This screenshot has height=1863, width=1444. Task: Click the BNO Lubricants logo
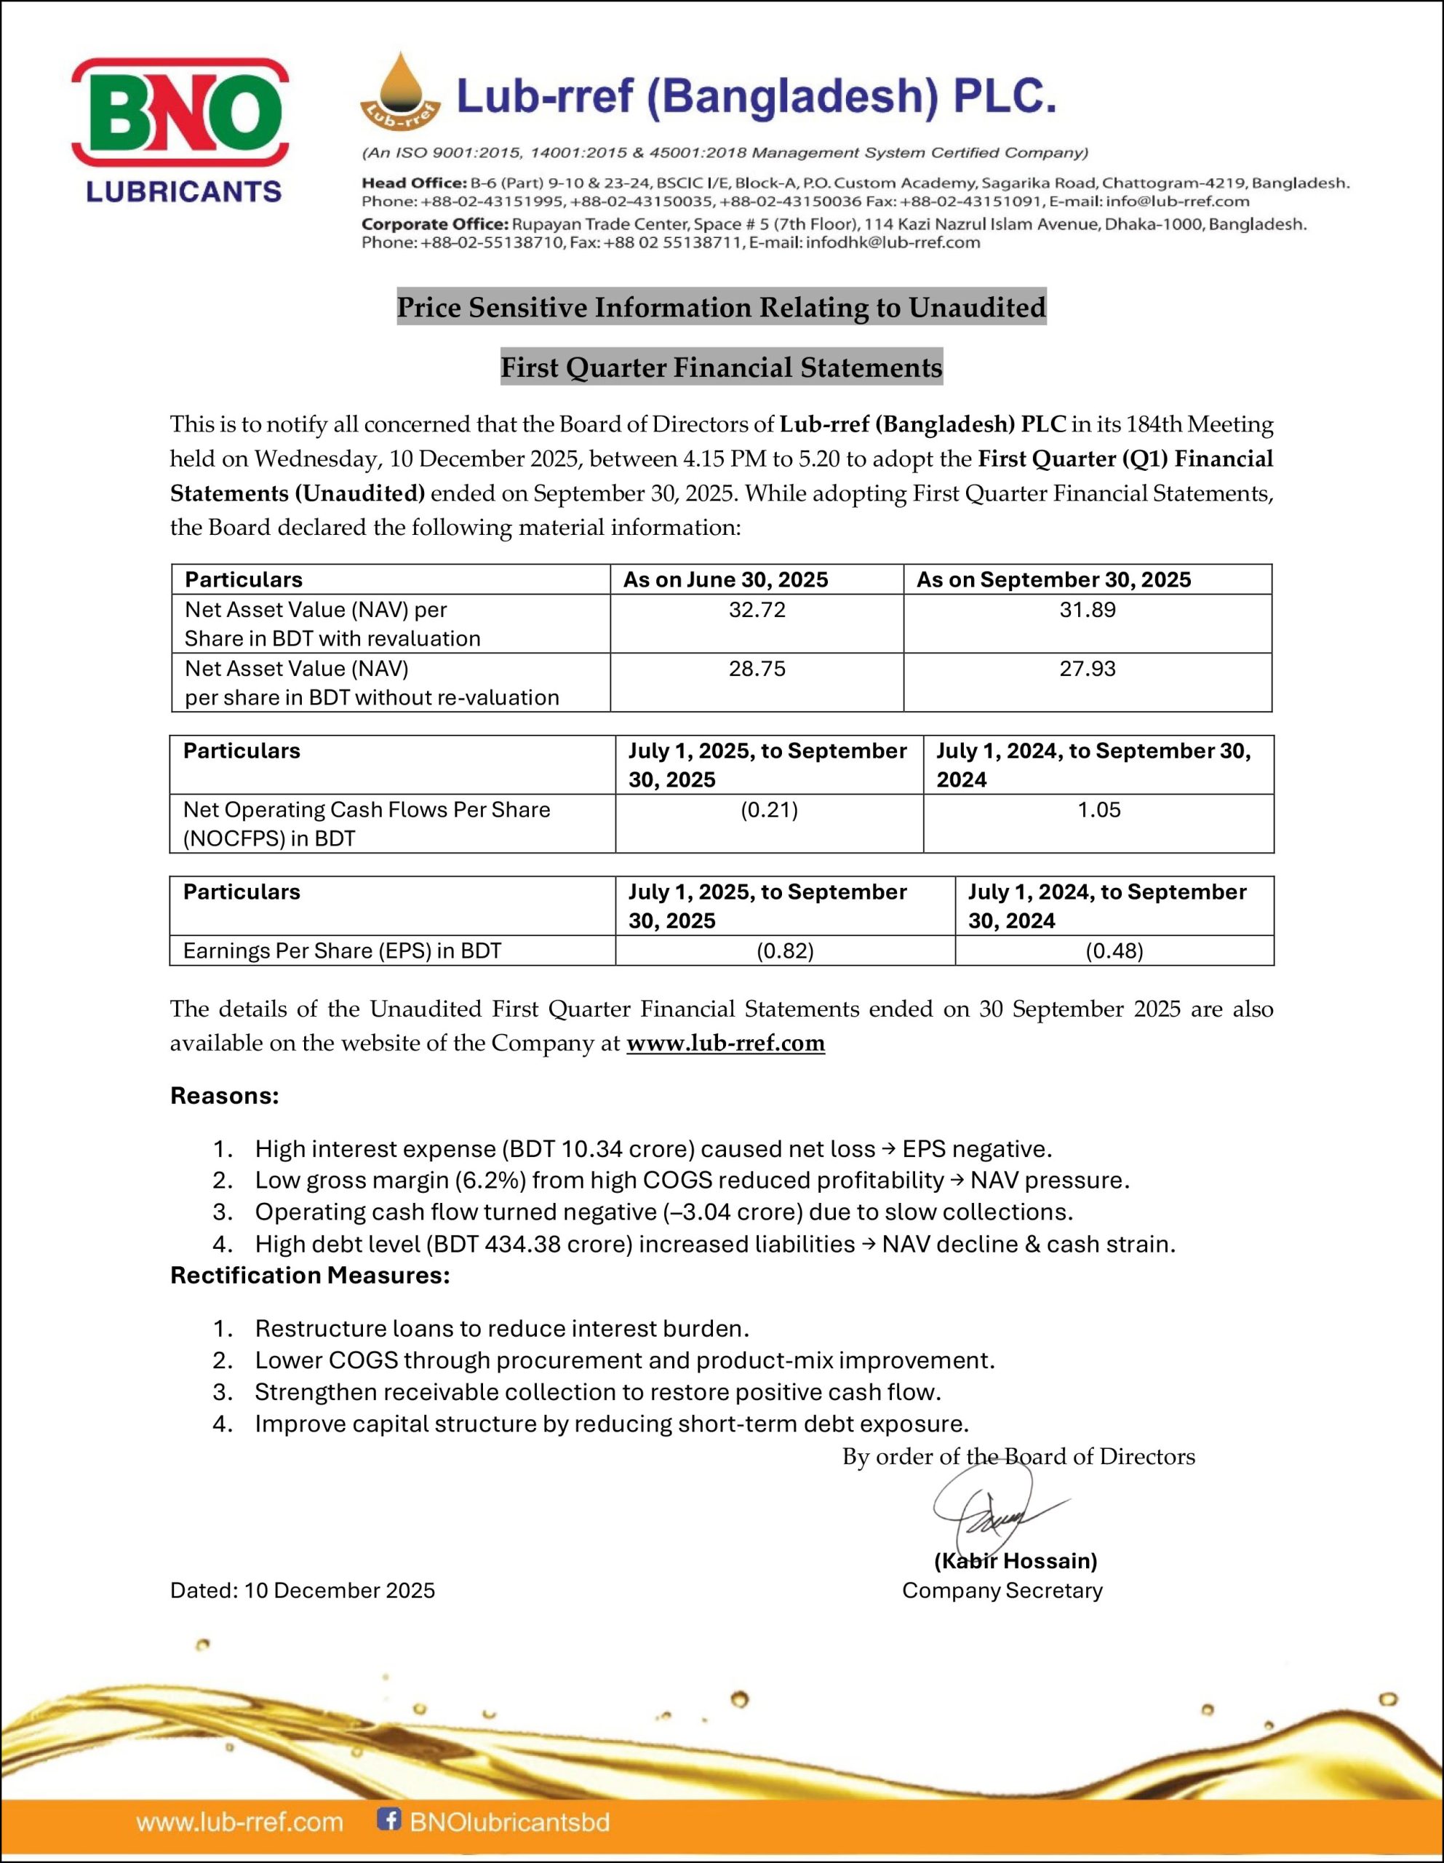click(180, 130)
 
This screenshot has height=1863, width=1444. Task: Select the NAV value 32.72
click(757, 610)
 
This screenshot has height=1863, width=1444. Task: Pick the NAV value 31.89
click(1087, 610)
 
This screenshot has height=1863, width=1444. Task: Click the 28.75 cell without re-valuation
click(757, 669)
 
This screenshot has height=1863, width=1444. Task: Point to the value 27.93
click(1087, 669)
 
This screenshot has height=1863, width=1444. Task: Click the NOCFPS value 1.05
click(1098, 809)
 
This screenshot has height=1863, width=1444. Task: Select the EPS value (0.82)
click(785, 951)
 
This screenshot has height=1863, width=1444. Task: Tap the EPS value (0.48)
click(1114, 951)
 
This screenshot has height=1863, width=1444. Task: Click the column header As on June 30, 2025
click(725, 580)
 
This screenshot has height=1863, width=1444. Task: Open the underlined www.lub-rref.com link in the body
click(725, 1044)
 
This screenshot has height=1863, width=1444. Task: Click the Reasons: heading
click(224, 1095)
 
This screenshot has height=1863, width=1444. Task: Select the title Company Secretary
click(1002, 1591)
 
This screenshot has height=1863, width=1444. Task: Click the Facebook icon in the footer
click(389, 1819)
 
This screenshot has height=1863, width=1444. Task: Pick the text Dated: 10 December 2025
click(302, 1591)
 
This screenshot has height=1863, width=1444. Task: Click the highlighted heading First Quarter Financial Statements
click(721, 368)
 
